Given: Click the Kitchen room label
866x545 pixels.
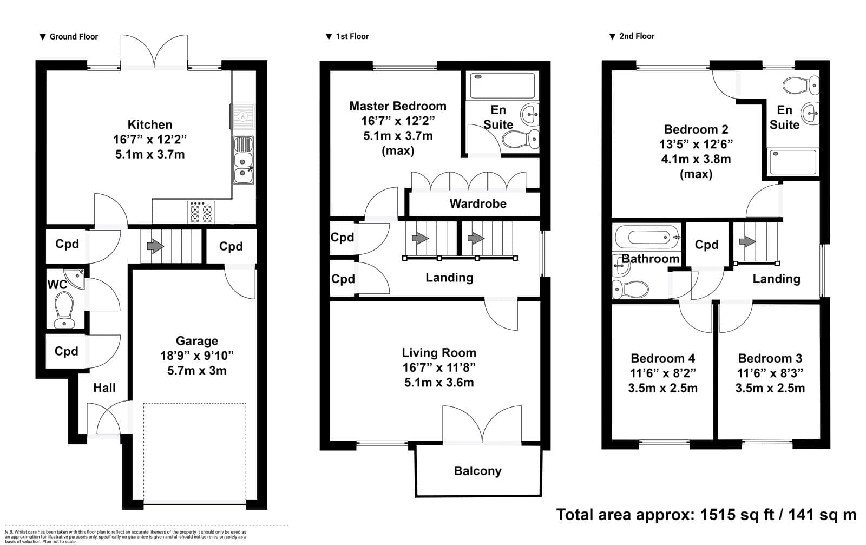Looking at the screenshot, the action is pos(150,124).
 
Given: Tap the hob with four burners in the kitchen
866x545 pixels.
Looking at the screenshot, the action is pos(201,212).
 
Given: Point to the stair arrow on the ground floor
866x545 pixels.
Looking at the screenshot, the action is pos(155,246).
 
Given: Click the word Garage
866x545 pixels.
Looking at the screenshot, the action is pos(197,341).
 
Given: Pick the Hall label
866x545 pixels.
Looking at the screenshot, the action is pos(104,388).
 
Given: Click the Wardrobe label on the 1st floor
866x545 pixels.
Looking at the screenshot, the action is pos(478,203).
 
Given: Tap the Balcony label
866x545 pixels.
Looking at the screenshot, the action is pos(477,471).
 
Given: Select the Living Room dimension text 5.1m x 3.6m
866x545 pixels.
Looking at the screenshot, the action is pos(439,383).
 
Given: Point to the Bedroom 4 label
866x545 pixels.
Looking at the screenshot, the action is pos(662,358).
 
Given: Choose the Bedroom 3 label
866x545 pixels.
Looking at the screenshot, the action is pos(770,358).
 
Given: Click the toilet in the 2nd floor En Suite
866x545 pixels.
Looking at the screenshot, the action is pos(801,85).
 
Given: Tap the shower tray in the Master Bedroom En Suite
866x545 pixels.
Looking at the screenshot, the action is pos(502,86).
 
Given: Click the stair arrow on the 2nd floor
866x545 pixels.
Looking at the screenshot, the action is pos(747,241).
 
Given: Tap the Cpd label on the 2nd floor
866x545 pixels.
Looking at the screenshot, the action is pos(706,245).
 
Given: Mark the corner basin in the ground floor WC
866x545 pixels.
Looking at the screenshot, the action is pos(75,278).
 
